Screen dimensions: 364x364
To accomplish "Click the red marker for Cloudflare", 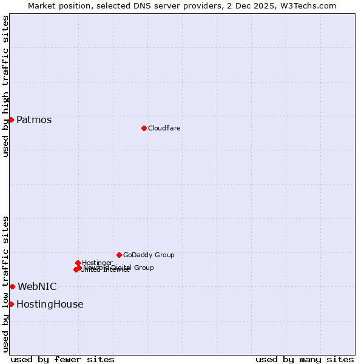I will click(144, 128).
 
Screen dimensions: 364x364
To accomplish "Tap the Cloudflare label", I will click(164, 129).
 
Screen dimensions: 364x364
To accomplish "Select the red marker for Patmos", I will click(11, 120).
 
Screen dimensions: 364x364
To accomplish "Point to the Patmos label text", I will click(34, 120).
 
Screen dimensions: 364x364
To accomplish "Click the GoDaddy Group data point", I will click(119, 255).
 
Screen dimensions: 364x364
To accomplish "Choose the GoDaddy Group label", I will click(149, 255).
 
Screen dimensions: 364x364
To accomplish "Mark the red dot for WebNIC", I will click(12, 286).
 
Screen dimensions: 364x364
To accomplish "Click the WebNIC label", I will click(37, 286).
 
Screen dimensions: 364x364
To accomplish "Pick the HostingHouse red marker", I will click(11, 304).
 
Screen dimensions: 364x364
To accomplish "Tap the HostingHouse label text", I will click(50, 305).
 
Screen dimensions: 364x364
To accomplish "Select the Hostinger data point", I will click(78, 263).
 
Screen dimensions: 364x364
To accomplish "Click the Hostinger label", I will click(97, 263).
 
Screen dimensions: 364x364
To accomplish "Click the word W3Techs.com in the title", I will click(311, 5).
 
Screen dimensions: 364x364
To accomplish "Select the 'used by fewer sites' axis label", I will click(62, 359).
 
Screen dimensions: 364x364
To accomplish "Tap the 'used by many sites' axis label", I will click(305, 359).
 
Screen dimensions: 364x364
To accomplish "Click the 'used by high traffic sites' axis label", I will click(5, 86).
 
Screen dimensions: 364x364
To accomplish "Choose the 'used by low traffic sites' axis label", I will click(5, 284).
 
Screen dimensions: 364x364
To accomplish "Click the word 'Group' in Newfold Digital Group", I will click(144, 268).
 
